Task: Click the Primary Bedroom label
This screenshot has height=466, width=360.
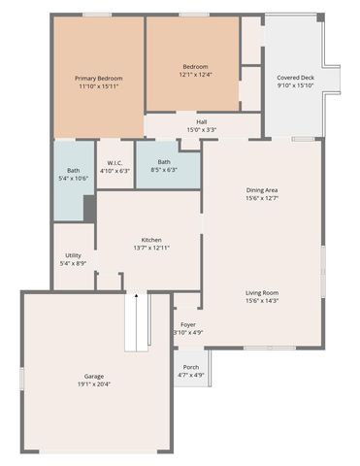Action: pyautogui.click(x=99, y=78)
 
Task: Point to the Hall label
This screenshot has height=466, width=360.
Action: pyautogui.click(x=201, y=122)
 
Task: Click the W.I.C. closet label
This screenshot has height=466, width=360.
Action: pyautogui.click(x=115, y=162)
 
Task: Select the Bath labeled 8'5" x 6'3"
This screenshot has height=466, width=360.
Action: pyautogui.click(x=164, y=162)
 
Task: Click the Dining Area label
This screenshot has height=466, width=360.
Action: pyautogui.click(x=262, y=190)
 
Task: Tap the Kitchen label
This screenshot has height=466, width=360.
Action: pyautogui.click(x=151, y=240)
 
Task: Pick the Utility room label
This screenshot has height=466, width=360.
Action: pyautogui.click(x=73, y=255)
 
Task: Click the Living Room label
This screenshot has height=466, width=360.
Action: pyautogui.click(x=262, y=292)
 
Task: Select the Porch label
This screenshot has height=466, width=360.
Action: pyautogui.click(x=191, y=367)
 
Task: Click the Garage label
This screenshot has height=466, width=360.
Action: pyautogui.click(x=93, y=376)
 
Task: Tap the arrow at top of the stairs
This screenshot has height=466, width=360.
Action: pyautogui.click(x=137, y=295)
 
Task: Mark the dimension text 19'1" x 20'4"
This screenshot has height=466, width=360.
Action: pyautogui.click(x=93, y=384)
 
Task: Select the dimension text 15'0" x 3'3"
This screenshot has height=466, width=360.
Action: pyautogui.click(x=201, y=130)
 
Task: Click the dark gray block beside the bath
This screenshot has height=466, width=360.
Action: pyautogui.click(x=89, y=208)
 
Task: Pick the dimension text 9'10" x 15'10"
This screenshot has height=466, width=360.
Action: pyautogui.click(x=295, y=84)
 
